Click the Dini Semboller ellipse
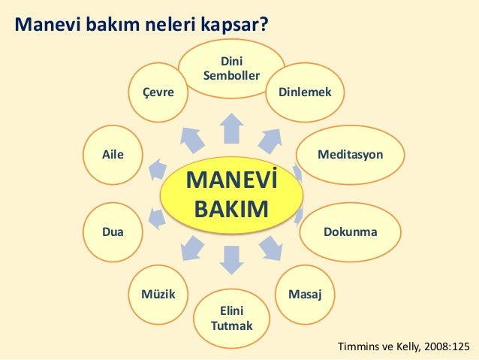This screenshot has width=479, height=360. tap(231, 68)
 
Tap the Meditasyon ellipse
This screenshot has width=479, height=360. tap(350, 155)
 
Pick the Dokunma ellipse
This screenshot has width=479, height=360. tap(350, 232)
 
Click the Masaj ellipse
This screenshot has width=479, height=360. tap(306, 294)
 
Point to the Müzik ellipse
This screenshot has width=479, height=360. tap(158, 294)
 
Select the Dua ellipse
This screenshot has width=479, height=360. tap(113, 232)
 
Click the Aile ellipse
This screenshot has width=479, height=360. tap(113, 155)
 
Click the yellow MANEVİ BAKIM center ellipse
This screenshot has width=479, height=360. tap(231, 194)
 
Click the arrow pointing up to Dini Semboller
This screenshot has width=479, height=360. tap(232, 128)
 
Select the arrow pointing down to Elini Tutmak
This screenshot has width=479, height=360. tap(232, 260)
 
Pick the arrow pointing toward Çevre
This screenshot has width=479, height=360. tap(192, 138)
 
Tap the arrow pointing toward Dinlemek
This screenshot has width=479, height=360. tap(270, 138)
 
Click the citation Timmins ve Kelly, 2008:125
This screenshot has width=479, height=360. tap(404, 346)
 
